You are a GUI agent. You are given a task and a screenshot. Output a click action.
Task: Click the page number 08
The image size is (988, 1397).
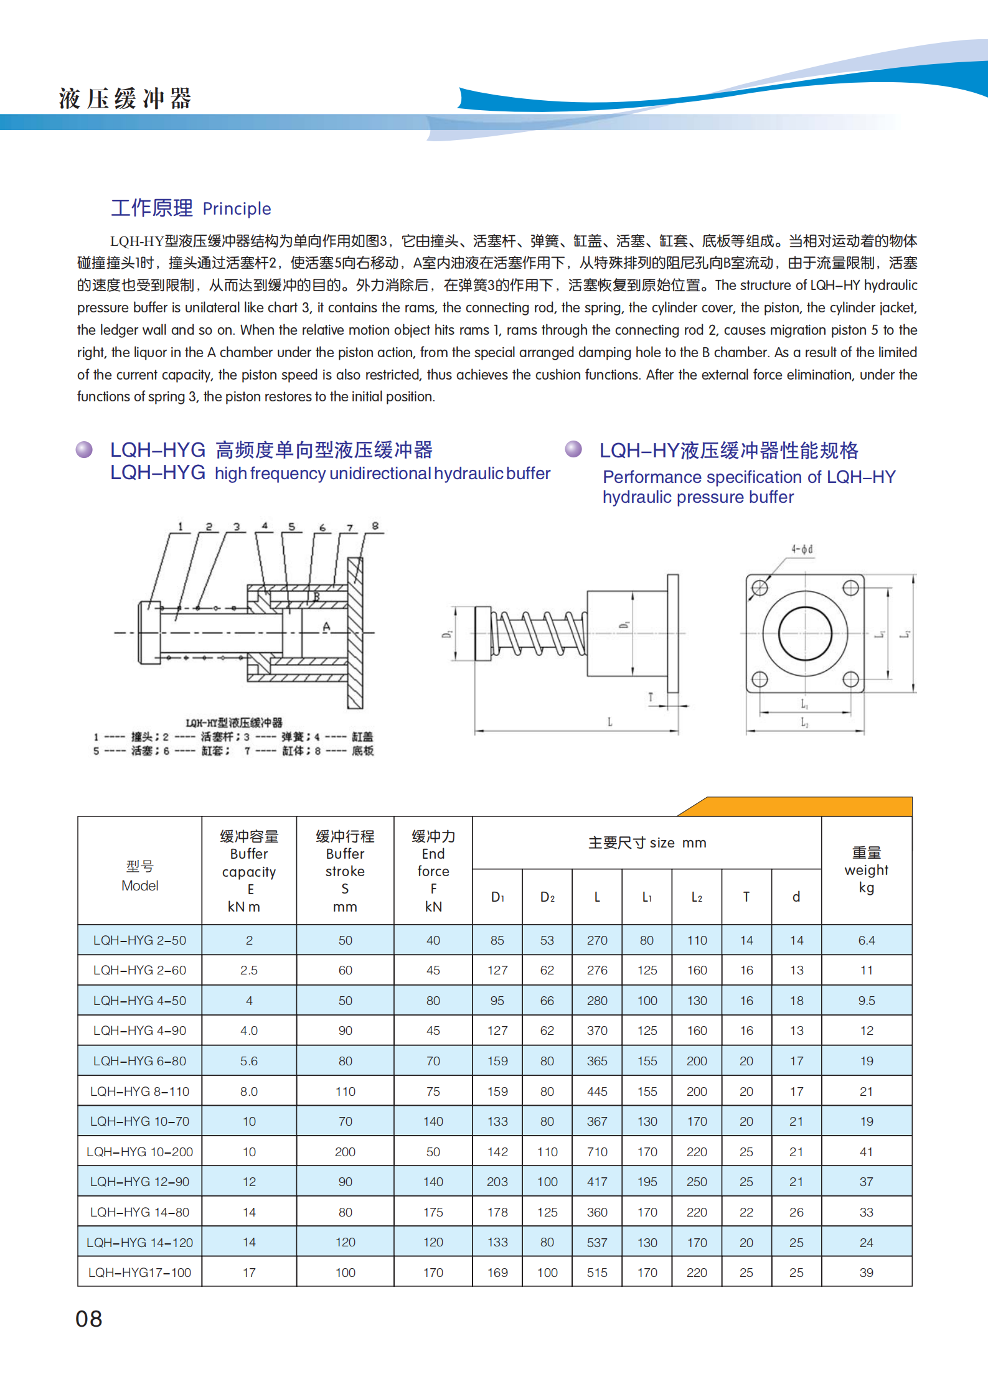coord(88,1319)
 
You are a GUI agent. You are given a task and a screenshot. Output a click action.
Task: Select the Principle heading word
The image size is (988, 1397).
coord(237,208)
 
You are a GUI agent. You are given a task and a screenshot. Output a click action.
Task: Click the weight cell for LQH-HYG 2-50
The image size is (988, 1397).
coord(866,940)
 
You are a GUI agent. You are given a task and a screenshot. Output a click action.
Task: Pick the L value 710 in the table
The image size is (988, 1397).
coord(596,1152)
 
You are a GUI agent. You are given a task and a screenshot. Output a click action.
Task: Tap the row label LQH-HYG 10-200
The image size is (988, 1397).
coord(139,1152)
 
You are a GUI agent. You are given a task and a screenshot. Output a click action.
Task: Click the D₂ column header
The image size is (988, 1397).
coord(547,897)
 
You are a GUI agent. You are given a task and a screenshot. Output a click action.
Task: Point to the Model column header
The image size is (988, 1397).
coord(139,876)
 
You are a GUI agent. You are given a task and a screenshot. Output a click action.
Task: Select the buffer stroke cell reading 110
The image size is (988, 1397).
coord(345,1091)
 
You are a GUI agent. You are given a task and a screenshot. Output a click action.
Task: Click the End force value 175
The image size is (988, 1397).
coord(433,1212)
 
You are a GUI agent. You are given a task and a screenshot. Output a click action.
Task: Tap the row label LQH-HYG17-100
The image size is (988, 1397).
coord(139,1273)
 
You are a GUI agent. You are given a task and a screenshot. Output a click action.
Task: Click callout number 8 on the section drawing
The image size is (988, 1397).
coord(375,526)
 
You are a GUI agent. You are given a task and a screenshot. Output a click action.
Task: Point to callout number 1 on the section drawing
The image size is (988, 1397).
coord(181,526)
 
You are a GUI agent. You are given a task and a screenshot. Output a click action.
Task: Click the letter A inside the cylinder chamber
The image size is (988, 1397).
coord(326,627)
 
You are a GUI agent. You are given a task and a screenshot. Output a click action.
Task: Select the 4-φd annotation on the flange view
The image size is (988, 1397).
coord(802,549)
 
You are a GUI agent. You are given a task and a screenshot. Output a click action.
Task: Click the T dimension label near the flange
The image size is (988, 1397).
coord(651,697)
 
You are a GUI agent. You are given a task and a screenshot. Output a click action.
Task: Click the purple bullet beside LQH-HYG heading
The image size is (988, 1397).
coord(84,449)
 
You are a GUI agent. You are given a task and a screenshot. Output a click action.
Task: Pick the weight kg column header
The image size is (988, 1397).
coord(866,870)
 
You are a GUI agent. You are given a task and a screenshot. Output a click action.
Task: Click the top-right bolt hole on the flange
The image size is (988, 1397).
coord(850,587)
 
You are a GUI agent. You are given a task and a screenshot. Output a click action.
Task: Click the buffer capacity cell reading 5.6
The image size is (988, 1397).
coord(248,1061)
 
